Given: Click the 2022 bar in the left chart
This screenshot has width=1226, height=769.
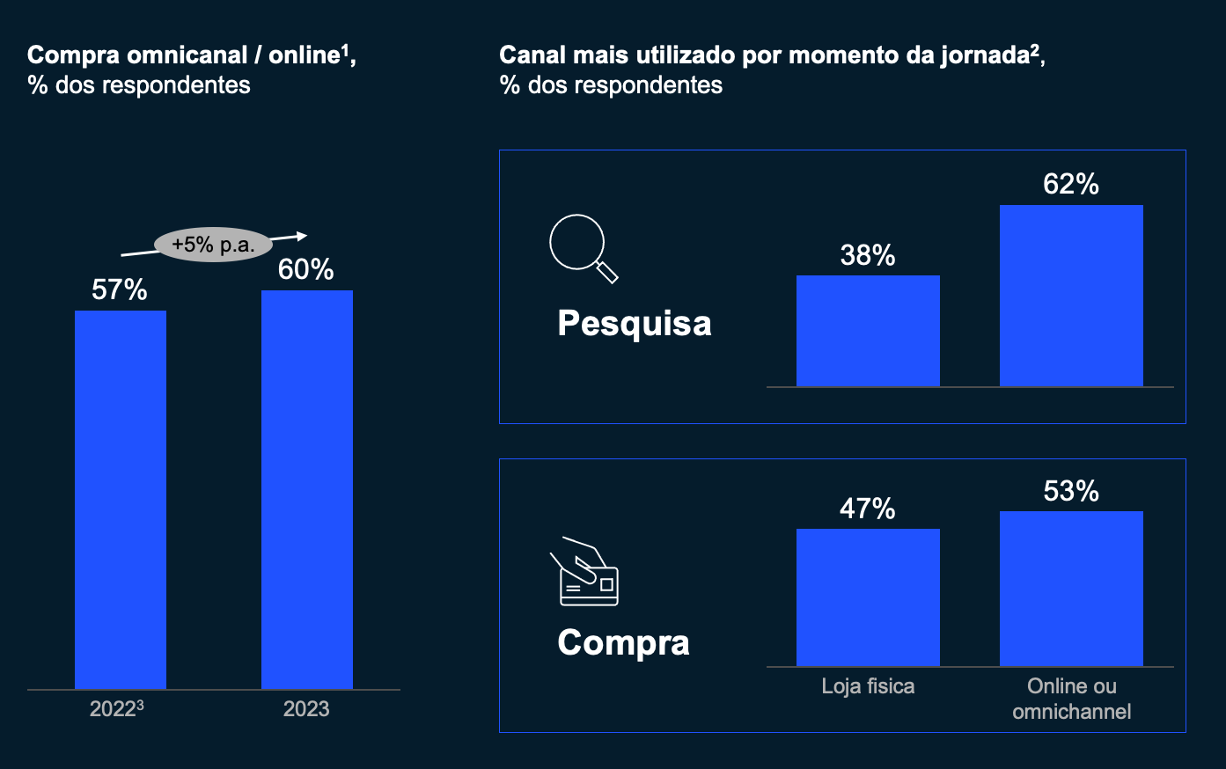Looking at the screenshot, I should (x=121, y=499).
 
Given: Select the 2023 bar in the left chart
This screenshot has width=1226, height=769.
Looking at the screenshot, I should (x=307, y=489).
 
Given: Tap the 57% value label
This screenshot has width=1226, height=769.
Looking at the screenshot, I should (x=120, y=289).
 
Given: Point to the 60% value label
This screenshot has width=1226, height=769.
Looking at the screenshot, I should (x=306, y=269).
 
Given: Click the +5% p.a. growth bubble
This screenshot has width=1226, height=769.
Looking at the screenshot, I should (x=214, y=245).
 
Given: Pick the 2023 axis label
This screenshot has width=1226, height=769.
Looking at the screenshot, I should (x=306, y=709).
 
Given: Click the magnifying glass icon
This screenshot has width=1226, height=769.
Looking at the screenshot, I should (x=583, y=248).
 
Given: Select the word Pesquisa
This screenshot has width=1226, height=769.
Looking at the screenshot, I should (x=635, y=324).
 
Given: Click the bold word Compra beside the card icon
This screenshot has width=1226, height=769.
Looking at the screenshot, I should (x=623, y=642).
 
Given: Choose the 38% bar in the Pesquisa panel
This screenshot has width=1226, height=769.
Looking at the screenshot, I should (x=868, y=331).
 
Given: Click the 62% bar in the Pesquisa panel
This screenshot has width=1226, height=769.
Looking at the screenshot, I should (x=1071, y=296).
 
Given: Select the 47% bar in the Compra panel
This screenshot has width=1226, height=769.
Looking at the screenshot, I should (x=868, y=597).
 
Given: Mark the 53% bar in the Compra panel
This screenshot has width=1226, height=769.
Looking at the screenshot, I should (x=1071, y=589).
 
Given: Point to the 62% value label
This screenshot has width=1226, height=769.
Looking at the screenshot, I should (x=1071, y=184).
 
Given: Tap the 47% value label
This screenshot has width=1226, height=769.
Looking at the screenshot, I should (x=868, y=509).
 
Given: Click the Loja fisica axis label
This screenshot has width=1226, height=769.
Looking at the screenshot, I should (x=868, y=686).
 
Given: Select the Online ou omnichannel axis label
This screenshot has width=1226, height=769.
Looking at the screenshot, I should (x=1071, y=699).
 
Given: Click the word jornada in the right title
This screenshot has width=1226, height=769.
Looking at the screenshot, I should (x=985, y=55).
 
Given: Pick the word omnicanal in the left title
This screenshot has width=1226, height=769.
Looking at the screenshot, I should (x=187, y=55).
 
